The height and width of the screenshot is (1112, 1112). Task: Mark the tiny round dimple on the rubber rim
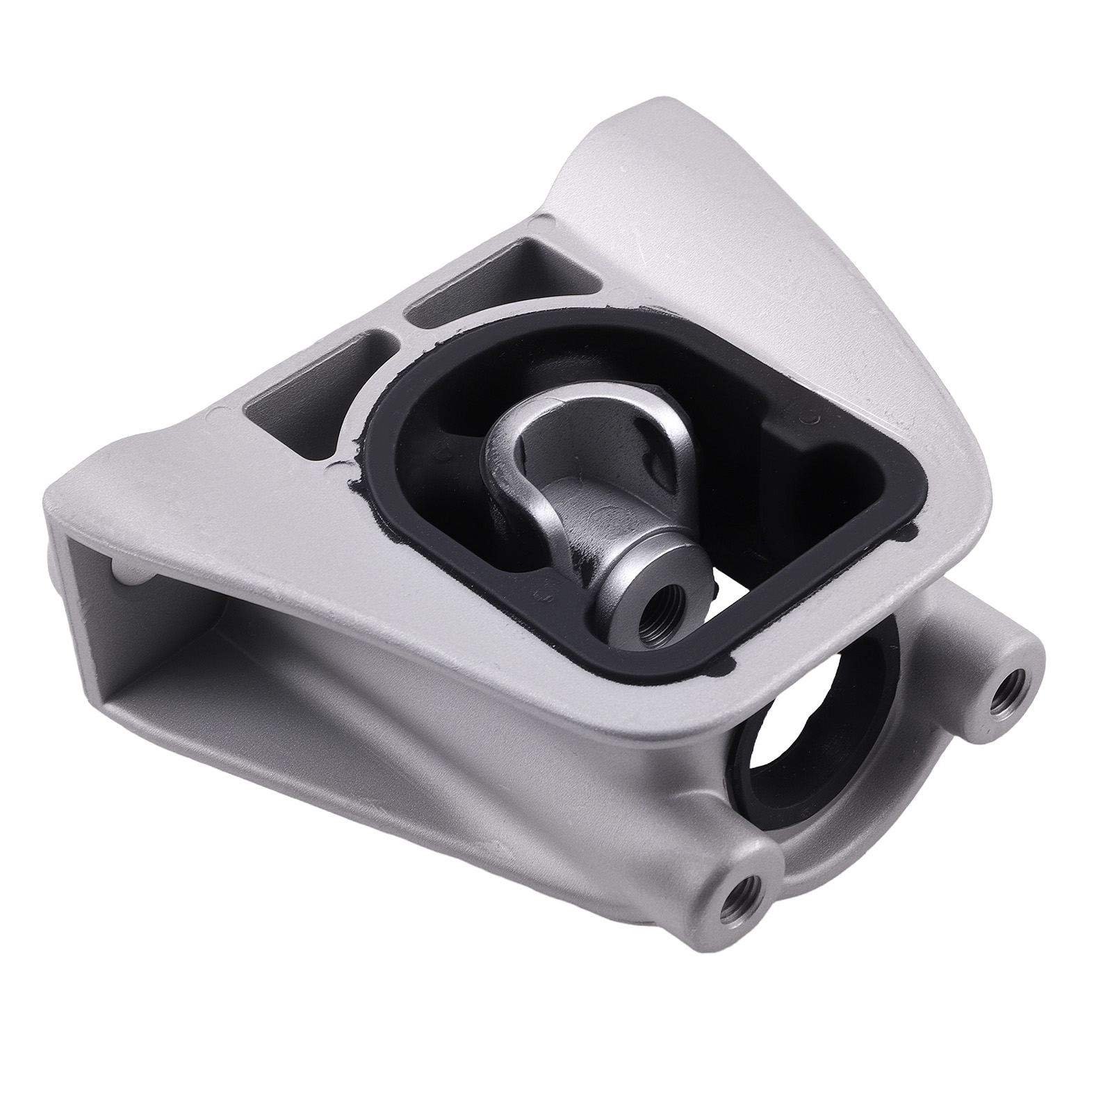[808, 419]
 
